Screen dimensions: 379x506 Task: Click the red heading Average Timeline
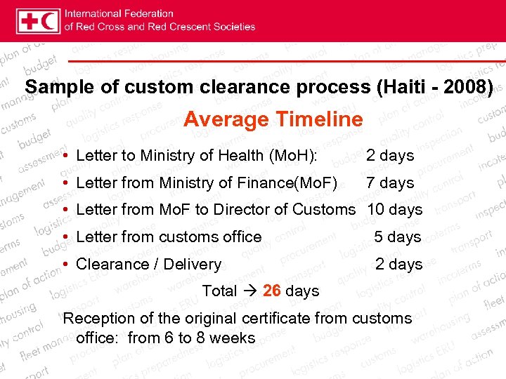[273, 119]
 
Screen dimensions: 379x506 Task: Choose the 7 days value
[390, 182]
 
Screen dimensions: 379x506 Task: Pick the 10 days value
[395, 209]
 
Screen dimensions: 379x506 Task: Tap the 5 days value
[397, 237]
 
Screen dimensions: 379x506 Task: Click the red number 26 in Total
[271, 291]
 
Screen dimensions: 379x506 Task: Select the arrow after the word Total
[249, 291]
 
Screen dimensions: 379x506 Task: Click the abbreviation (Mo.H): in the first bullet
[290, 155]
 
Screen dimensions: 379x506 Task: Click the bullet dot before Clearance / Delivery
[65, 264]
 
